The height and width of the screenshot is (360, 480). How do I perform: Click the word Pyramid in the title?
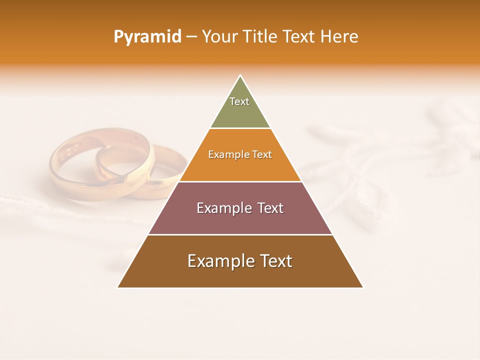coord(147,36)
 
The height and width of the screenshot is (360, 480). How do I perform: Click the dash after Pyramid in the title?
coord(191,37)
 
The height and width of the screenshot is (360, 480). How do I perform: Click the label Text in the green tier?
coord(239,101)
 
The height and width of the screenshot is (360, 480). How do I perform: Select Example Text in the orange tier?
coord(240,154)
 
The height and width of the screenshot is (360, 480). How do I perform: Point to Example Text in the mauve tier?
coord(240,208)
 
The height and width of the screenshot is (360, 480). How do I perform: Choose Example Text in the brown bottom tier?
coord(240,261)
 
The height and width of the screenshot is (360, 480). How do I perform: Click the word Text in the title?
coord(299,36)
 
